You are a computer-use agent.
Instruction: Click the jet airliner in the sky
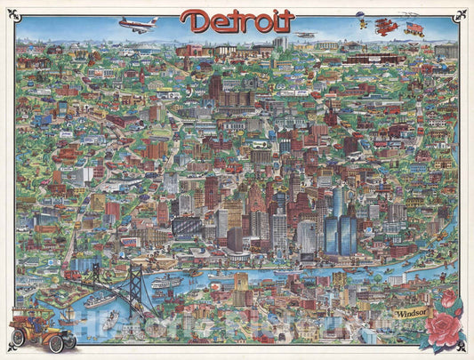pos(139,25)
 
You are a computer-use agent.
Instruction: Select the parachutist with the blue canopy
pos(360,16)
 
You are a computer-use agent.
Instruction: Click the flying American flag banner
pos(414,28)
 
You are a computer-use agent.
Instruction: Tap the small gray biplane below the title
pos(305,36)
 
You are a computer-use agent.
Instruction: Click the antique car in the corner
pos(42,329)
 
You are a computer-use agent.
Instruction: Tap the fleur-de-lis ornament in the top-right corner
pos(461,13)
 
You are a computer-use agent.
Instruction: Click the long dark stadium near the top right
pos(374,60)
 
